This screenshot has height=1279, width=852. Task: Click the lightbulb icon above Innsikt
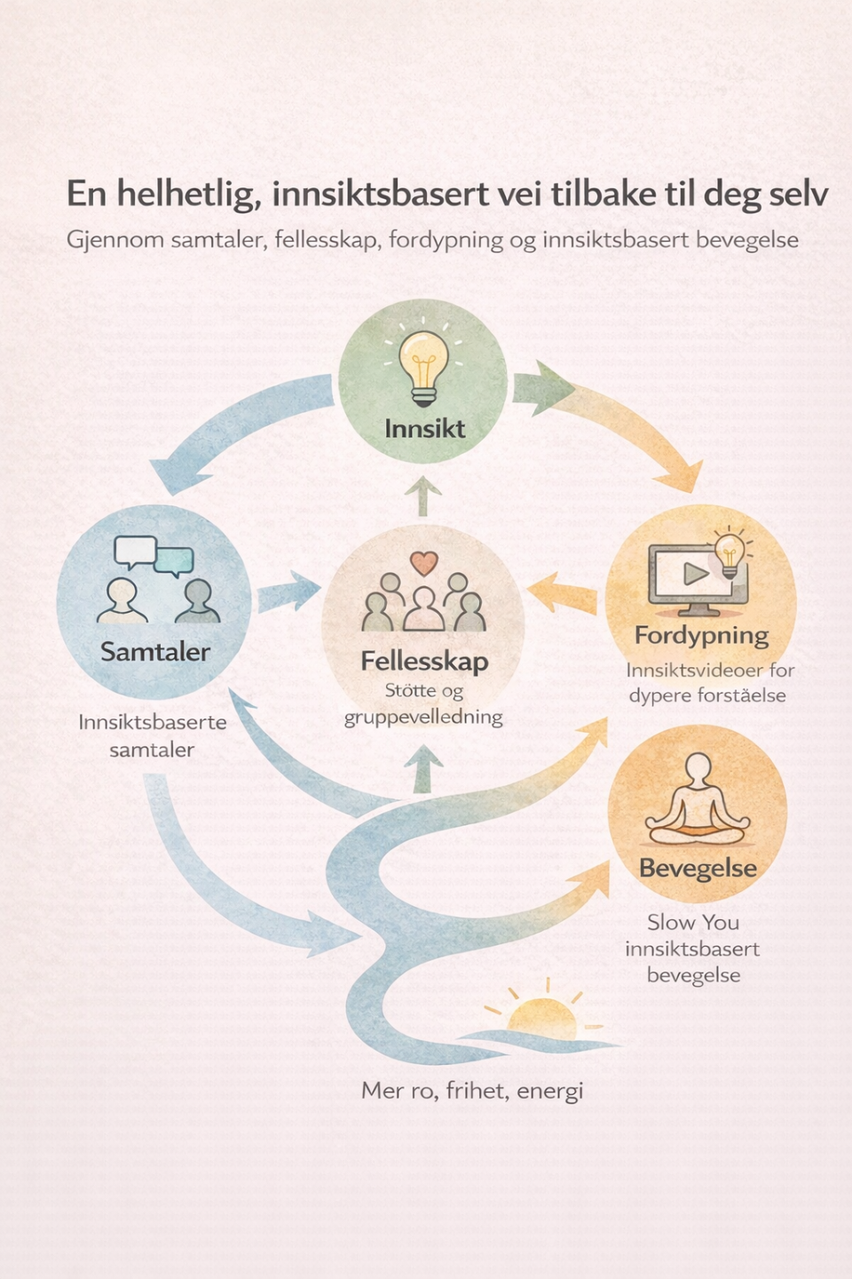(424, 365)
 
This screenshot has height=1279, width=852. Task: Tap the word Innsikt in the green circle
(424, 429)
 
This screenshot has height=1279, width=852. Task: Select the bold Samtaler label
(155, 652)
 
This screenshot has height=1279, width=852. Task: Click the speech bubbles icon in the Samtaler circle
(154, 556)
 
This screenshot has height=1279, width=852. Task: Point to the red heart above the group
(424, 562)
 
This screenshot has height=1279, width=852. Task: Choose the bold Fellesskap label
(424, 661)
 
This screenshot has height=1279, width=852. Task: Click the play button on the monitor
(695, 573)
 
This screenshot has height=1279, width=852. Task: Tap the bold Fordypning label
(701, 635)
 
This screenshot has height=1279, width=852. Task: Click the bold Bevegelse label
(698, 868)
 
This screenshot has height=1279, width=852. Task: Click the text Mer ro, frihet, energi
(472, 1090)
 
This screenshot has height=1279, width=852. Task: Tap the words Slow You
(693, 922)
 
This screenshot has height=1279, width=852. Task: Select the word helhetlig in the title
(189, 195)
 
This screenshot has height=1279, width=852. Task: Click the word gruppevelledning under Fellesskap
(423, 717)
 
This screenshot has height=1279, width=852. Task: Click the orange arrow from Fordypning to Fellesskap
(563, 592)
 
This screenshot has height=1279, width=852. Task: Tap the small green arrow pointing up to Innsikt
(423, 496)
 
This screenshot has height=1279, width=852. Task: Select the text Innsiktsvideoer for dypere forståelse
(709, 682)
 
